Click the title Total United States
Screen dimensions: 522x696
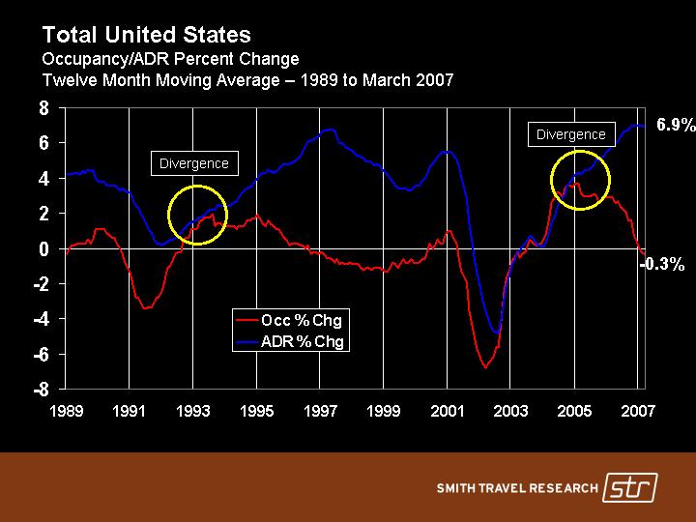click(x=146, y=36)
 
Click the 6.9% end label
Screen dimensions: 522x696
click(x=676, y=125)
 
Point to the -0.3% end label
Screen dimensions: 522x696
click(x=664, y=263)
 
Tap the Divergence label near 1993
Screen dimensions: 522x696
click(x=193, y=163)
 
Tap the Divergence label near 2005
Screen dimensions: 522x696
click(x=570, y=134)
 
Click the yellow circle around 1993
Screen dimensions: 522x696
click(x=197, y=215)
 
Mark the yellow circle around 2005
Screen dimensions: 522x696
click(x=580, y=180)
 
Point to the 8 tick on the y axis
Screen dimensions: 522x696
click(x=44, y=108)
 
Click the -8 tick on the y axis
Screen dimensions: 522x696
click(x=42, y=391)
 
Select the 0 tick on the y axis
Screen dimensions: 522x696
click(x=44, y=249)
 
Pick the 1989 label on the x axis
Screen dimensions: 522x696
click(x=67, y=412)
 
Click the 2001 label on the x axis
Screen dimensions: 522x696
click(x=447, y=412)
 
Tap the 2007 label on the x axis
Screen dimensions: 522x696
click(x=638, y=412)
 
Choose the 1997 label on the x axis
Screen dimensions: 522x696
click(x=320, y=412)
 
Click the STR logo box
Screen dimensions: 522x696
click(x=628, y=487)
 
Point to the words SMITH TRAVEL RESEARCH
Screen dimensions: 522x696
click(x=516, y=488)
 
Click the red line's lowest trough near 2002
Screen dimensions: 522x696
click(x=485, y=367)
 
